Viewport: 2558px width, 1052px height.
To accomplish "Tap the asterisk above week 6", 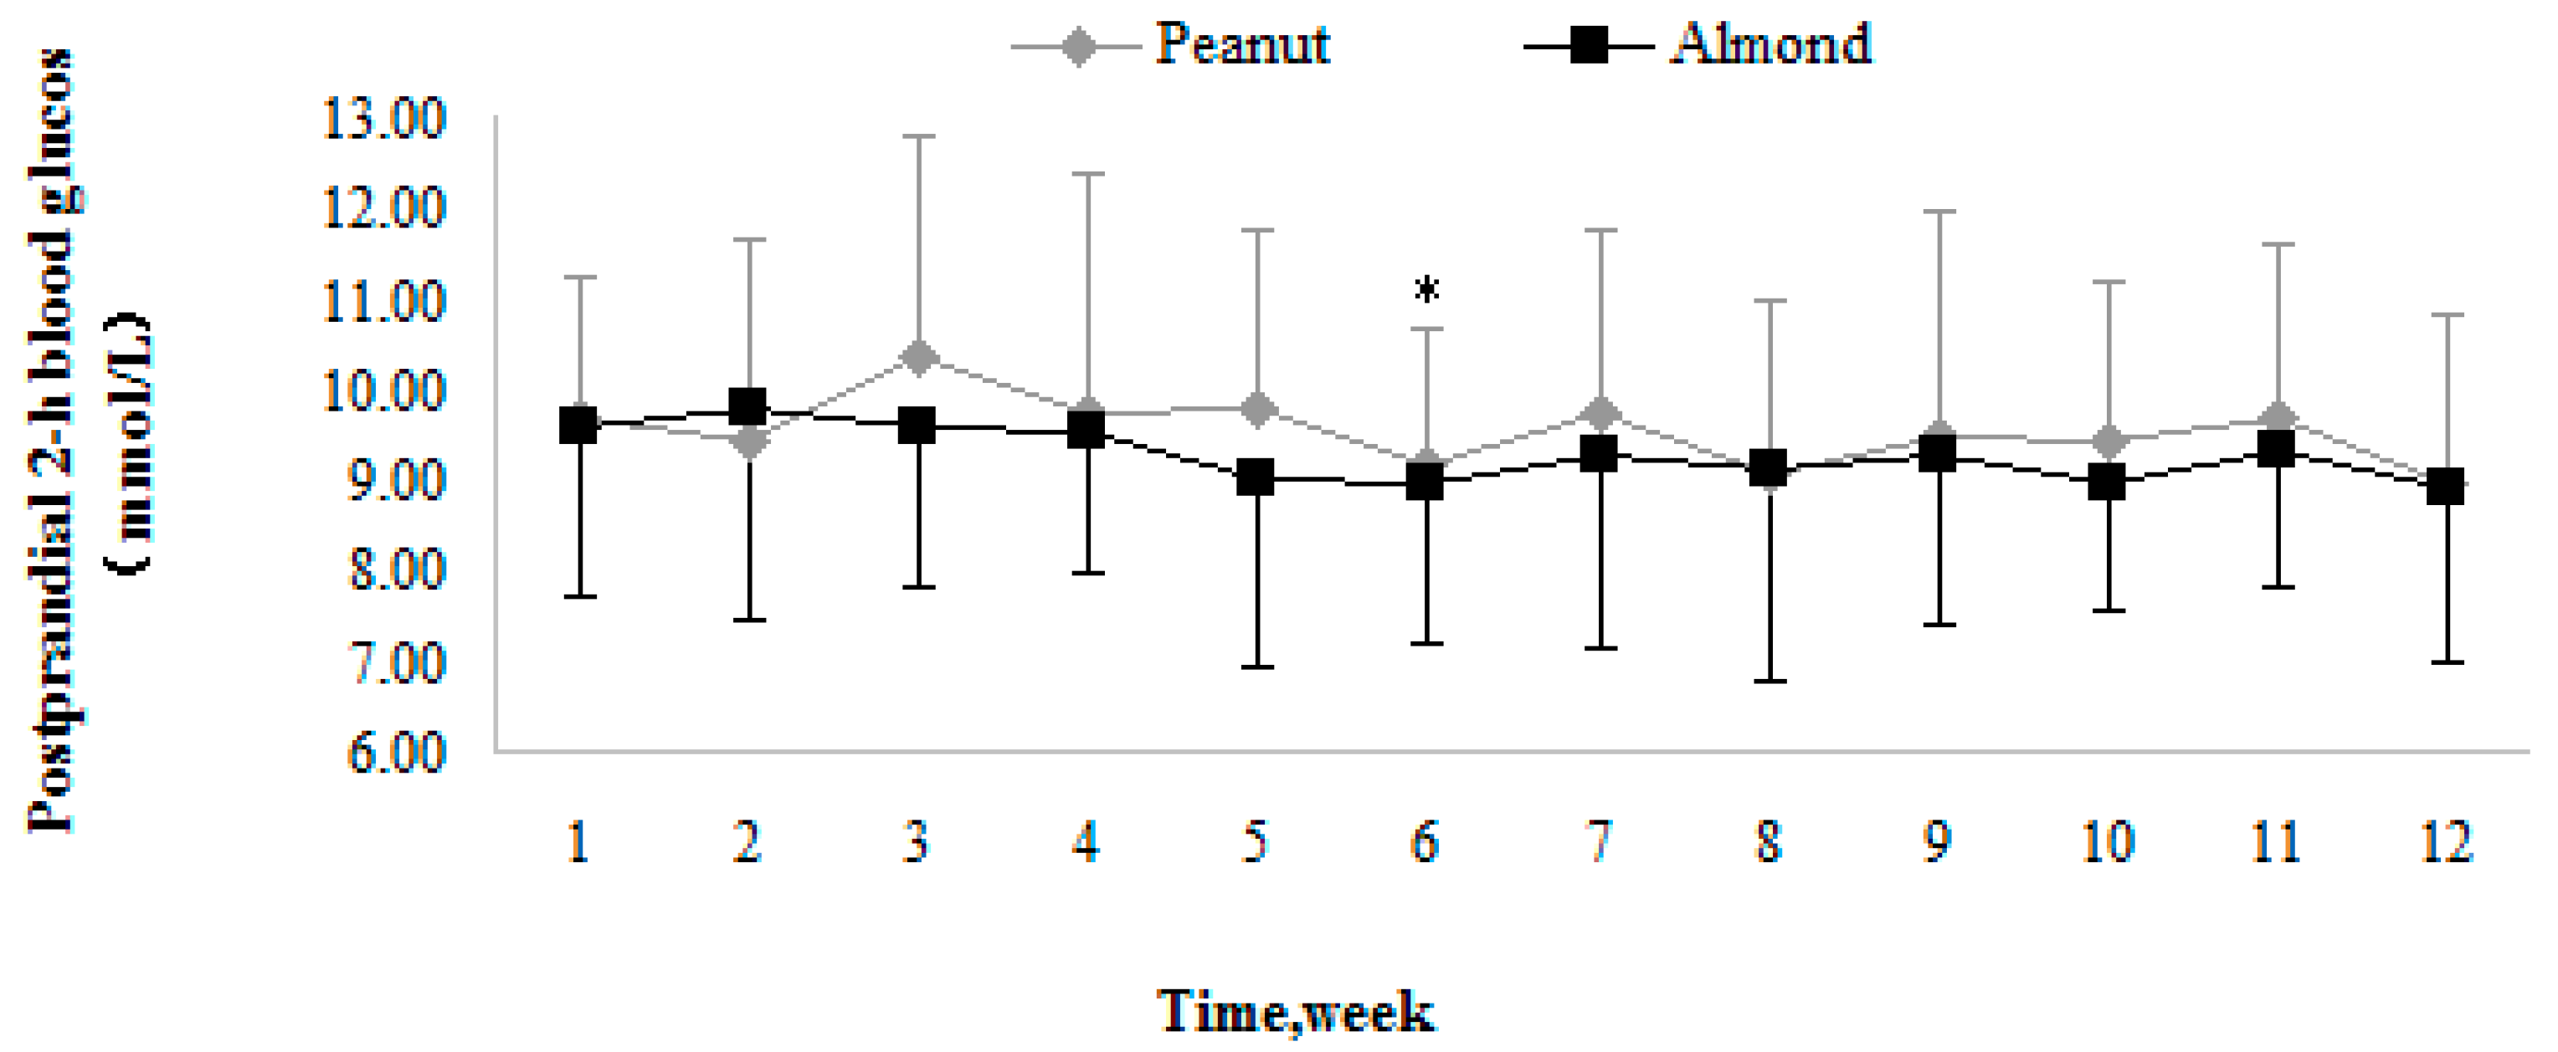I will pos(1426,290).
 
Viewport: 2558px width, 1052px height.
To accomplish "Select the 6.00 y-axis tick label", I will pos(395,753).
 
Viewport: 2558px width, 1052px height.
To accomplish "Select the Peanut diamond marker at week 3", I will pos(918,357).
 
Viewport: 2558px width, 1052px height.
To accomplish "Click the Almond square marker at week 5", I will pos(1256,477).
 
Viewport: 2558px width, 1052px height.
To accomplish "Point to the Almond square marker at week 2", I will pos(747,407).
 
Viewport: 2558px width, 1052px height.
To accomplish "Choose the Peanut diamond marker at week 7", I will pos(1600,413).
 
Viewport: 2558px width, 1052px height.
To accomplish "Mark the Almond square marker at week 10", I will pos(2106,483).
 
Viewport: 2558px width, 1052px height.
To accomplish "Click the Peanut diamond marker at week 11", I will pos(2276,416).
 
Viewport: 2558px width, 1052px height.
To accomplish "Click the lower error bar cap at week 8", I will pos(1769,681).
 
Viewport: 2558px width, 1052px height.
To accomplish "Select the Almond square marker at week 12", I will pos(2444,488).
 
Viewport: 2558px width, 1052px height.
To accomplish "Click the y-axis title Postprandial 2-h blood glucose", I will pos(52,442).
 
